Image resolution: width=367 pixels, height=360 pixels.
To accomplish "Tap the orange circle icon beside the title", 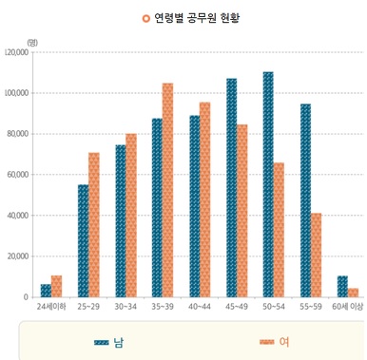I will click(x=145, y=18).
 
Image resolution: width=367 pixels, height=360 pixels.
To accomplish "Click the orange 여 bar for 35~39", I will click(x=167, y=190).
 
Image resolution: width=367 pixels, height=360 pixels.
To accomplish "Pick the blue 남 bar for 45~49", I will click(x=231, y=188).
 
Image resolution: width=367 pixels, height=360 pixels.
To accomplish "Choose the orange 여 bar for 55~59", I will click(x=316, y=255).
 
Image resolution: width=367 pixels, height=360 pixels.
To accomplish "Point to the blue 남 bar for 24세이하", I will click(x=46, y=291).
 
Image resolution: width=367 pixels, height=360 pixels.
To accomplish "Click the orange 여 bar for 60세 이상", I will click(x=353, y=293).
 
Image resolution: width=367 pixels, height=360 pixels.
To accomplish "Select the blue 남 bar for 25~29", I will click(x=83, y=241).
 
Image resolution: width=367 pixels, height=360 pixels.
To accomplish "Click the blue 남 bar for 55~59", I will click(x=305, y=200).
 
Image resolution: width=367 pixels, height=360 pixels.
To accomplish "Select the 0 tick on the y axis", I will click(x=26, y=297).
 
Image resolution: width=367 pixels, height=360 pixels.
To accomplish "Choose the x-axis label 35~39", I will click(x=162, y=308).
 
